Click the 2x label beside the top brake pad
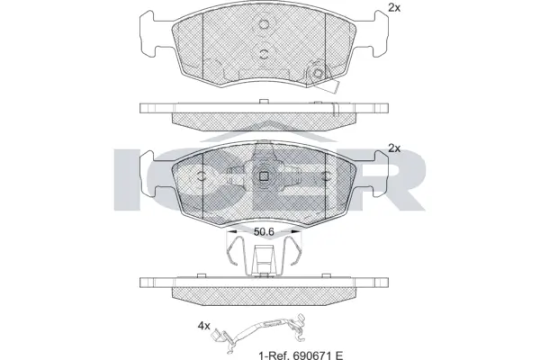coord(393,8)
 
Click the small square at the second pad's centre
coord(263,176)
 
